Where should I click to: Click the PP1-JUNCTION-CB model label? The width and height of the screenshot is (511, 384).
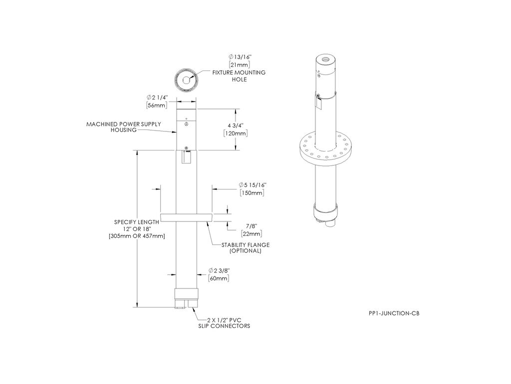tap(394, 313)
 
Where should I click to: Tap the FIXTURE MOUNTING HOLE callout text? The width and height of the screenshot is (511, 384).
tap(239, 76)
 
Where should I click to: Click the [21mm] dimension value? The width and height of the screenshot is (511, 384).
tap(239, 65)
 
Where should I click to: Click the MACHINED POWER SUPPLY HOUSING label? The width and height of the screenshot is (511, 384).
tap(124, 127)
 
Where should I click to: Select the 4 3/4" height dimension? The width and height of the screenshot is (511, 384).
tap(235, 125)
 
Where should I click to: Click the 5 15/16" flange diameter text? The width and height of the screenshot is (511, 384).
tap(252, 185)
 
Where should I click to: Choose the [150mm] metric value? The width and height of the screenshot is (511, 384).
tap(252, 193)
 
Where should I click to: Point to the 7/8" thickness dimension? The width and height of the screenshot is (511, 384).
tap(252, 226)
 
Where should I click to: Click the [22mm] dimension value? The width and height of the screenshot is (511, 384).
tap(252, 234)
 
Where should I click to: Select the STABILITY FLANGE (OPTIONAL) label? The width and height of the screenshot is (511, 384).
tap(246, 248)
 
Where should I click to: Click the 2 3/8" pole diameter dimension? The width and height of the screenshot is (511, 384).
tap(219, 270)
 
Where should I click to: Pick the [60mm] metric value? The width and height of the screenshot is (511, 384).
tap(219, 278)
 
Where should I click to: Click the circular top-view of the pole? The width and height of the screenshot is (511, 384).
tap(186, 79)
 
